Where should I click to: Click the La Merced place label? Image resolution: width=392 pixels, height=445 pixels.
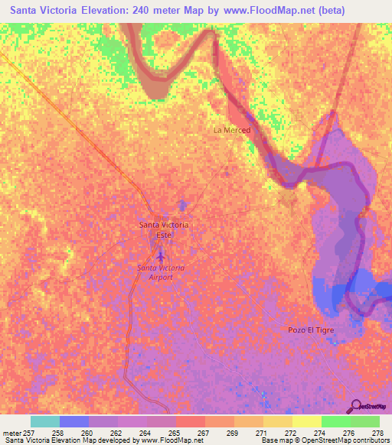pos(231,130)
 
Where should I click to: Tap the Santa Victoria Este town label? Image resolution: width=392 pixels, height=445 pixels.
pos(163,229)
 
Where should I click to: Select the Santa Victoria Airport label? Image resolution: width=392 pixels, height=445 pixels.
pos(161,271)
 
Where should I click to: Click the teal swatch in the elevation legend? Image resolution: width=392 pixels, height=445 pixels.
pos(45,421)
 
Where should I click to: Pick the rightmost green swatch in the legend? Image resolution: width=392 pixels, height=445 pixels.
pos(364,421)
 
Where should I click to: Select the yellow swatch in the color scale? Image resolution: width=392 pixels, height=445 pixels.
pos(306,421)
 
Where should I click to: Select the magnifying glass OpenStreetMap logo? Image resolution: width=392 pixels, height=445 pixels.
pos(355,404)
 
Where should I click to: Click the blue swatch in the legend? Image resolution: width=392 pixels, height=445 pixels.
pos(74,421)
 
